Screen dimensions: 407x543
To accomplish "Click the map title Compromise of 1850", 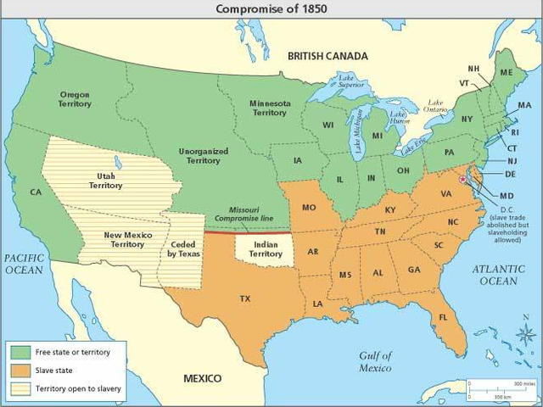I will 271,8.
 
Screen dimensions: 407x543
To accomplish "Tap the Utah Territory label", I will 106,180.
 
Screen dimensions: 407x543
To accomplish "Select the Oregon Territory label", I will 76,98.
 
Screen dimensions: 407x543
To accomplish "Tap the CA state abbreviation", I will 36,192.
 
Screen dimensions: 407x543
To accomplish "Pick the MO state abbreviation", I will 310,207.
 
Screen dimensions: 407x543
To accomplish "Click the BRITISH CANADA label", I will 327,56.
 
